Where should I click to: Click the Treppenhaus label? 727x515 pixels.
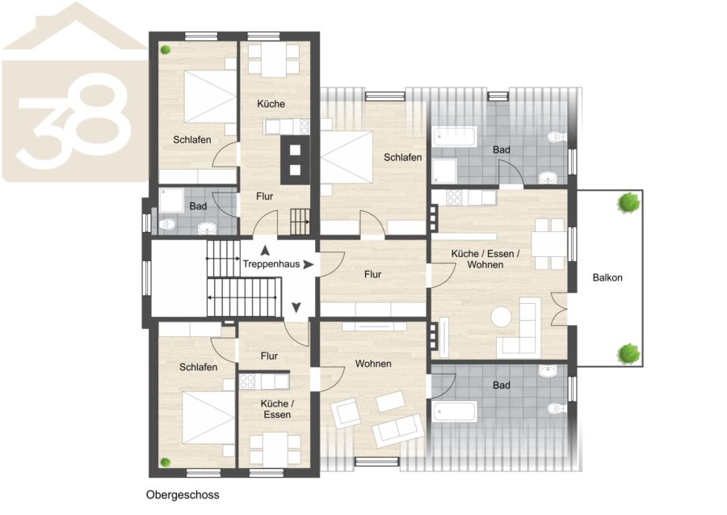click(x=271, y=264)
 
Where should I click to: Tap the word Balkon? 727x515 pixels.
click(x=607, y=278)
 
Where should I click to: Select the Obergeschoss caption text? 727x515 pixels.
click(x=183, y=495)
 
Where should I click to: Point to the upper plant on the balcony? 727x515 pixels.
click(x=628, y=202)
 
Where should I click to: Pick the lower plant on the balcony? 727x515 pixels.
click(x=628, y=354)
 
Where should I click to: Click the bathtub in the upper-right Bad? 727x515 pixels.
click(x=455, y=137)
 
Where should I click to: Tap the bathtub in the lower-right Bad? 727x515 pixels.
click(x=454, y=412)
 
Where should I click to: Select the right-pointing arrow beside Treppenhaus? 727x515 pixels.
click(x=309, y=264)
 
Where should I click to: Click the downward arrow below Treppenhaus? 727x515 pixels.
click(x=296, y=307)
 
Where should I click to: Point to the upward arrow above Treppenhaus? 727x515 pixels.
click(x=265, y=251)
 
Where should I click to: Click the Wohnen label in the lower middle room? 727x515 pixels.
click(x=373, y=364)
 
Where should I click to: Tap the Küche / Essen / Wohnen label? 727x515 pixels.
click(x=485, y=260)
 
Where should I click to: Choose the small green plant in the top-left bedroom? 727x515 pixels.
click(x=165, y=49)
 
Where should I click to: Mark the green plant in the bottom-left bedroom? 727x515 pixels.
click(x=165, y=462)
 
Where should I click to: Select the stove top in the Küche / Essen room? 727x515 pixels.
click(x=247, y=382)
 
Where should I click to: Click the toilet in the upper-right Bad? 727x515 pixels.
click(x=555, y=137)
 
